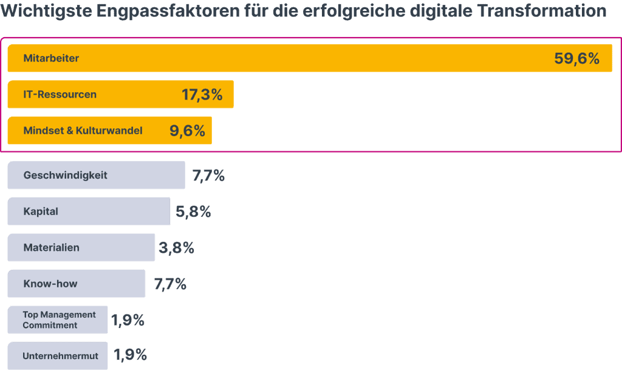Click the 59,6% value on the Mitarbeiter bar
pos(576,58)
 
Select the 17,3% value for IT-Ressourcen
pos(202,95)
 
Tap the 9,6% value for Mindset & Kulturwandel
pos(187,131)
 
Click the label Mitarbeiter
pos(51,58)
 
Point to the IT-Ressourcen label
pos(60,95)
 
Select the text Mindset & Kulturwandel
pos(83,131)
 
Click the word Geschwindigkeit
pos(65,175)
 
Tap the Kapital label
pos(41,211)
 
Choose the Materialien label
pos(51,248)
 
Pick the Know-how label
pos(50,284)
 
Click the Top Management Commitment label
pos(59,320)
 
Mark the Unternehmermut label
pos(60,356)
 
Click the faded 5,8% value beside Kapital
pos(194,212)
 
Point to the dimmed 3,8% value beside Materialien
pos(177,248)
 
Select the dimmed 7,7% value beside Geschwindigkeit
pos(208,176)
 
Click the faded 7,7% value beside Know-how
pos(169,284)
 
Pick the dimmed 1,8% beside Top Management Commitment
pos(128,320)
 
